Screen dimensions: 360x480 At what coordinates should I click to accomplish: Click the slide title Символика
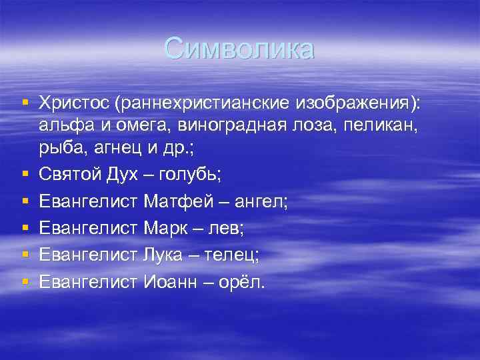[x=239, y=49]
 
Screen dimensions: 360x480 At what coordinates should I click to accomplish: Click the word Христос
[x=73, y=103]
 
